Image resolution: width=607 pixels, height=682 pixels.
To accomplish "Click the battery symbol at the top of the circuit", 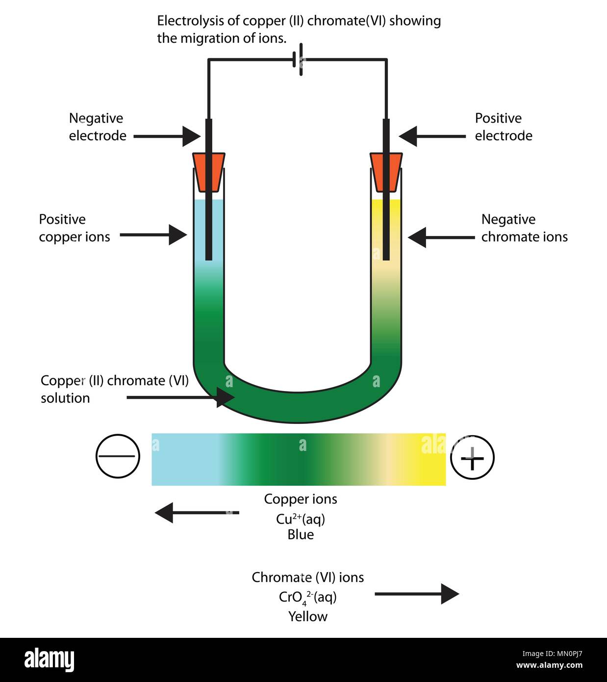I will (298, 61).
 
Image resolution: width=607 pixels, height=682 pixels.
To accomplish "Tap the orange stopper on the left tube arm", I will (208, 172).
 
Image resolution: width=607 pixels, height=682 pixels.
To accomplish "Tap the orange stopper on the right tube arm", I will (386, 172).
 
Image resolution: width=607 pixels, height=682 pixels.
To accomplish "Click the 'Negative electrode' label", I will (97, 127).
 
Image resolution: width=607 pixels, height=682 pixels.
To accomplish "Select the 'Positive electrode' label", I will (503, 127).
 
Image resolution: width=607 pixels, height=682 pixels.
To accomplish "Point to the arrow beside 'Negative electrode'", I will (167, 136).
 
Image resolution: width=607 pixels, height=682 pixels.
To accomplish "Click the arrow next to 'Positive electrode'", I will (431, 136).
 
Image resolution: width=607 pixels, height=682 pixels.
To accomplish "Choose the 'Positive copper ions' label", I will (74, 228).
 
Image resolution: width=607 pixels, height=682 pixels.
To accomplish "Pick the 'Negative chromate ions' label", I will (524, 228).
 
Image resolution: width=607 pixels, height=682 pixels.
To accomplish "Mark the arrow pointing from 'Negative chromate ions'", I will (441, 237).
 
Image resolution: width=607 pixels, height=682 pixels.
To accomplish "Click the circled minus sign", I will (118, 456).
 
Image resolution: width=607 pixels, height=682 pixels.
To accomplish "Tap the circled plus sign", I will (472, 457).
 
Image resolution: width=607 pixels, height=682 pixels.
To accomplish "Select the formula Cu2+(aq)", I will (300, 519).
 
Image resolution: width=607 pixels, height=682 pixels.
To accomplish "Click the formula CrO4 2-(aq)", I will (307, 597).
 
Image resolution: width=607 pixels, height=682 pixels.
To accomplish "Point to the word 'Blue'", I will (301, 534).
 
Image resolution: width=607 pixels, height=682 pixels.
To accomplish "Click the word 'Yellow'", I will (307, 616).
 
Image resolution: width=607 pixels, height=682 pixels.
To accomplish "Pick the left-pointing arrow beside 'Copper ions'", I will (197, 513).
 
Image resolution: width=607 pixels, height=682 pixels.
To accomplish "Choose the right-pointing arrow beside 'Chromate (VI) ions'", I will (417, 594).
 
